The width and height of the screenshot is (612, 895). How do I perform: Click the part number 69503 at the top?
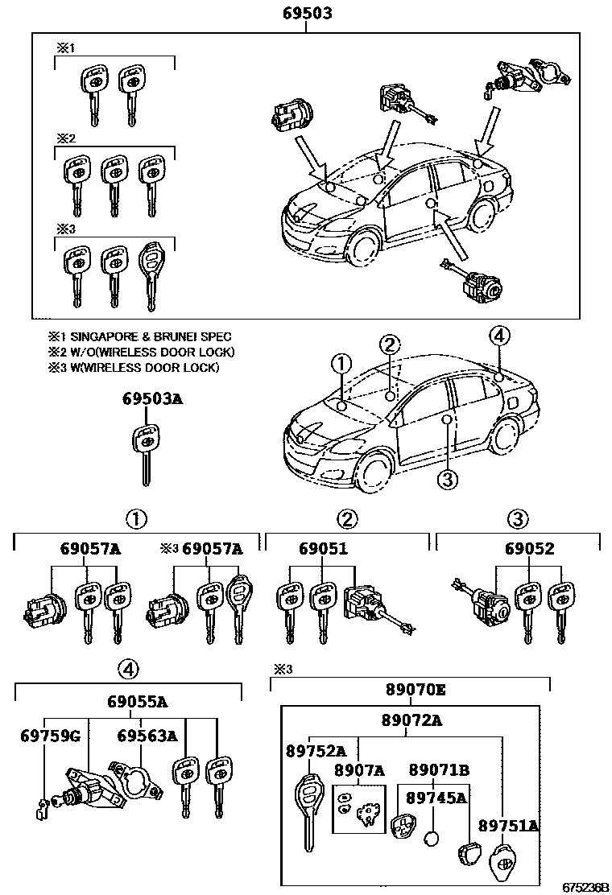[x=308, y=14]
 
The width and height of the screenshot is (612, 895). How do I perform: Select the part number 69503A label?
[x=152, y=398]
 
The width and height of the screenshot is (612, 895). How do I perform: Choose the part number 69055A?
[x=138, y=702]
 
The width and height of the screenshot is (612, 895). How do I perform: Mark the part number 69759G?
[x=50, y=736]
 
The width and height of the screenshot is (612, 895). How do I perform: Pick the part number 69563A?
[x=147, y=736]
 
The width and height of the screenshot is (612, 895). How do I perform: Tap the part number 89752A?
[x=316, y=751]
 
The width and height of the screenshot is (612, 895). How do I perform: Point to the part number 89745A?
[x=436, y=798]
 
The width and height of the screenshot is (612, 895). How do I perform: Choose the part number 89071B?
[x=439, y=770]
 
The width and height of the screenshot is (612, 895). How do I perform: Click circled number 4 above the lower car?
[x=499, y=336]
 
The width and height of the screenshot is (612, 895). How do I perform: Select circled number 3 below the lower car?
[x=448, y=479]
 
